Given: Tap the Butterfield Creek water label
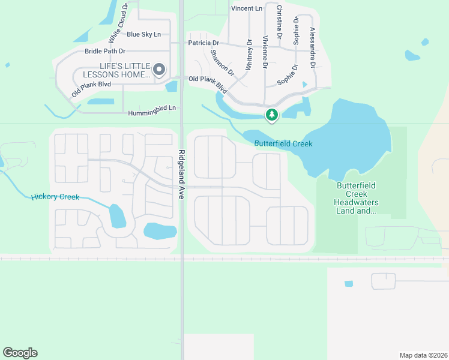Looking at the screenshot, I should pyautogui.click(x=283, y=143).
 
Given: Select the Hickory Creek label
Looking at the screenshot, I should pyautogui.click(x=55, y=197).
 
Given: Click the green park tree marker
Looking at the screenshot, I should pyautogui.click(x=272, y=114).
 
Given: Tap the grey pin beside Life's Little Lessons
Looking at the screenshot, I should pyautogui.click(x=159, y=70).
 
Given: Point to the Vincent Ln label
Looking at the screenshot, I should pyautogui.click(x=247, y=8).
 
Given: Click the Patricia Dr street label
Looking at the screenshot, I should pyautogui.click(x=203, y=43).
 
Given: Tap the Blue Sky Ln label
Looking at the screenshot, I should pyautogui.click(x=143, y=34).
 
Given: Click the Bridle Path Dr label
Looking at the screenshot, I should pyautogui.click(x=105, y=52).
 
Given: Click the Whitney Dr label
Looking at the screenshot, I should pyautogui.click(x=249, y=55).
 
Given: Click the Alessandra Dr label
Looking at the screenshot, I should pyautogui.click(x=312, y=46).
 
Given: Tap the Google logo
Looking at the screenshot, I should pyautogui.click(x=20, y=353).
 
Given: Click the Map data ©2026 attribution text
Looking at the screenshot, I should pyautogui.click(x=423, y=355).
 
